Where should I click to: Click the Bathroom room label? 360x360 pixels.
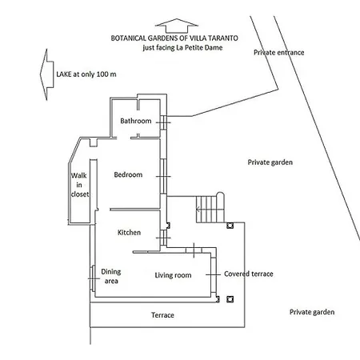[136, 121]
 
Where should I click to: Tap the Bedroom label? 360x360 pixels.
[128, 174]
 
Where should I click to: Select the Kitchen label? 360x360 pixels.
[129, 233]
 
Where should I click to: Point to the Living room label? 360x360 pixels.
[173, 275]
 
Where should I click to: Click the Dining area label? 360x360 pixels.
[111, 276]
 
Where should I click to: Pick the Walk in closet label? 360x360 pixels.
[79, 185]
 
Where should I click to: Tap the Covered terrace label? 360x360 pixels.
[249, 274]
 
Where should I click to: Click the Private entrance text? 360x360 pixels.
[279, 53]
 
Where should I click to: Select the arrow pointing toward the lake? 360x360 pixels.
[47, 74]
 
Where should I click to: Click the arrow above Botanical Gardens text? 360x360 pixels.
[177, 26]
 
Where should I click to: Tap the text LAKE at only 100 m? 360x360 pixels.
[86, 74]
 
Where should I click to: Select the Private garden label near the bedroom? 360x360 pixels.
[270, 162]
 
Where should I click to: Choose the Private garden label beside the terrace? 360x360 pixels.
[312, 312]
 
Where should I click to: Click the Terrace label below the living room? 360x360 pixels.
[162, 315]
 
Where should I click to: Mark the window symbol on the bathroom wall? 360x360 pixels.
[163, 122]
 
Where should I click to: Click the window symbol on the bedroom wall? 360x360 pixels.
[163, 177]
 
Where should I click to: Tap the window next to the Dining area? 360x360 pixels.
[94, 278]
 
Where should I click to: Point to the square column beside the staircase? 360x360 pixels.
[230, 226]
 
